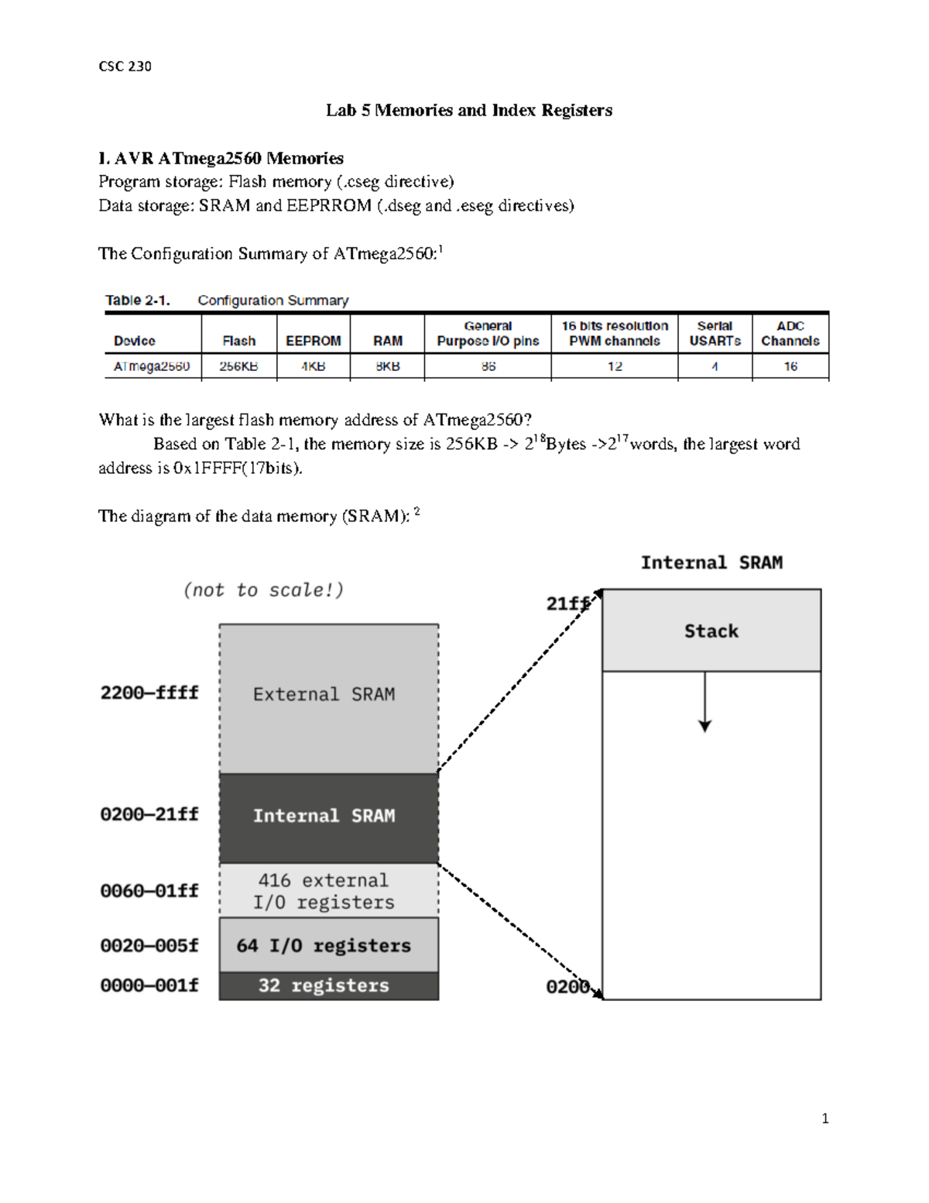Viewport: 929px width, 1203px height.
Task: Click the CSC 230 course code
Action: pyautogui.click(x=125, y=67)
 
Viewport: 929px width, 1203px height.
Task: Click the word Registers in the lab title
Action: pyautogui.click(x=577, y=110)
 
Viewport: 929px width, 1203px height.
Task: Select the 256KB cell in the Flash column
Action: pyautogui.click(x=238, y=366)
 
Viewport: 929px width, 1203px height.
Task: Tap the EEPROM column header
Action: pyautogui.click(x=313, y=341)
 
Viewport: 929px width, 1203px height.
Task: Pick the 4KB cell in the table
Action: pyautogui.click(x=313, y=366)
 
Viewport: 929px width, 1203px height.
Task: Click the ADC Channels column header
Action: pyautogui.click(x=790, y=334)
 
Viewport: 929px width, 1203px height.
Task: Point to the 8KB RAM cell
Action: pyautogui.click(x=387, y=366)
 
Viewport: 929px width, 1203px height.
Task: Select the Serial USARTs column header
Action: pyautogui.click(x=715, y=334)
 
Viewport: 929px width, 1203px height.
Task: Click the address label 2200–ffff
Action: pyautogui.click(x=149, y=693)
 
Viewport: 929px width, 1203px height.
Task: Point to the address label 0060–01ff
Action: pyautogui.click(x=149, y=891)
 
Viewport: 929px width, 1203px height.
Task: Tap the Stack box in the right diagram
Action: pyautogui.click(x=711, y=631)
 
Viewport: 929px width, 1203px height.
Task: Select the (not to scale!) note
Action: pyautogui.click(x=263, y=590)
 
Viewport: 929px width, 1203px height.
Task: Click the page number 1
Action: pyautogui.click(x=825, y=1119)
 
